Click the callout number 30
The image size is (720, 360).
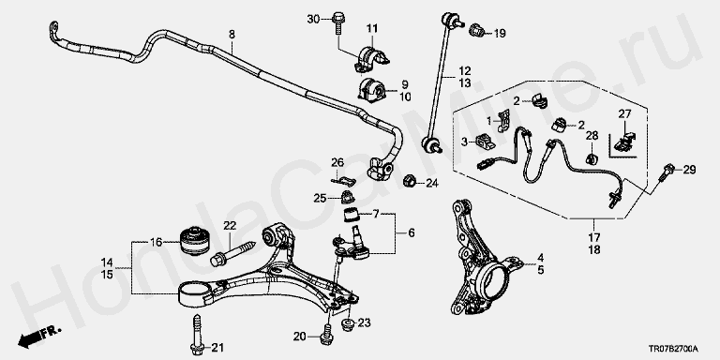tap(313, 19)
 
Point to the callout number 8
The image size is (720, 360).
tap(232, 34)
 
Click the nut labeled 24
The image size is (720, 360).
tap(410, 181)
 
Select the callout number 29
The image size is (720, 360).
tap(689, 170)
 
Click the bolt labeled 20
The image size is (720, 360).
tap(327, 336)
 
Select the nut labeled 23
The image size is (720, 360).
tap(348, 322)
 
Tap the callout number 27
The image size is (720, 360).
tap(624, 113)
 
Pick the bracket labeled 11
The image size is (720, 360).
tap(371, 58)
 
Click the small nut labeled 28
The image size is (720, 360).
tap(592, 158)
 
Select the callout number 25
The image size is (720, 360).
tap(320, 199)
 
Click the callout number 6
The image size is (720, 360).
tap(411, 233)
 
